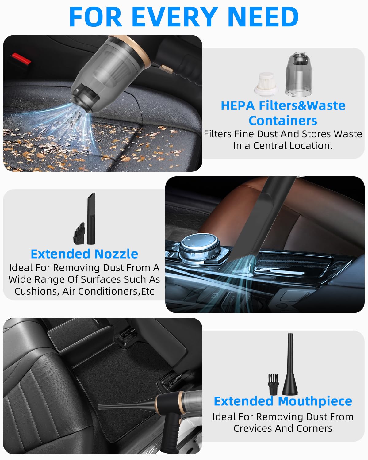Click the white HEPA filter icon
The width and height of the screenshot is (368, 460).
pos(266,84)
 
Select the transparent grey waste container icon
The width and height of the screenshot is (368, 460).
pos(299,74)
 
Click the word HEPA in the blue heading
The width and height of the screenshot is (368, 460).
pos(238,105)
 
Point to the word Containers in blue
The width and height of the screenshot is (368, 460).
pos(283,121)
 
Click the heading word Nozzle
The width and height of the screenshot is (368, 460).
pos(116,254)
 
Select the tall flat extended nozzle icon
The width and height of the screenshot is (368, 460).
pos(91,218)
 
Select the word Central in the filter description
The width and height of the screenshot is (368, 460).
pos(269,146)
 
